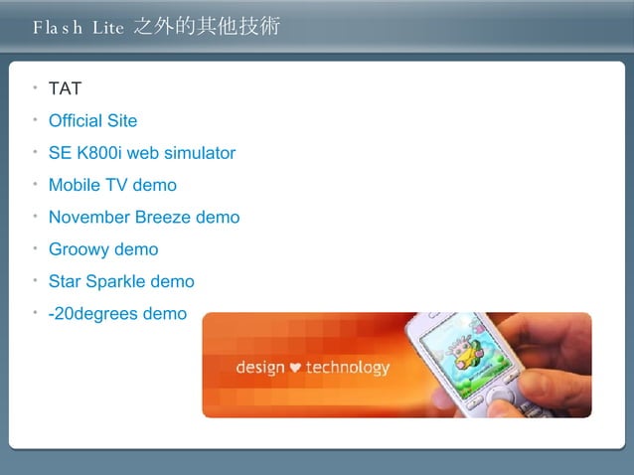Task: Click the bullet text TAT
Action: click(65, 89)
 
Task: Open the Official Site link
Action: click(92, 121)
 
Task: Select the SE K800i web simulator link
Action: click(141, 153)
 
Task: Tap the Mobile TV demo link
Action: click(112, 185)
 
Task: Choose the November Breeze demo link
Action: click(143, 217)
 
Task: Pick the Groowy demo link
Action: click(102, 249)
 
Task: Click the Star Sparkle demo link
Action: click(121, 281)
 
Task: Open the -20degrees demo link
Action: click(117, 314)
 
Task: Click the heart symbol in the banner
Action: click(295, 368)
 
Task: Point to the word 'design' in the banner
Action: click(260, 368)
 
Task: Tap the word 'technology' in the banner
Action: click(347, 368)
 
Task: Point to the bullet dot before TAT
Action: click(35, 87)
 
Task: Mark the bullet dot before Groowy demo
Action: click(35, 247)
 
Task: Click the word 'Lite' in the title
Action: click(107, 28)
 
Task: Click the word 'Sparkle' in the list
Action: click(116, 281)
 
